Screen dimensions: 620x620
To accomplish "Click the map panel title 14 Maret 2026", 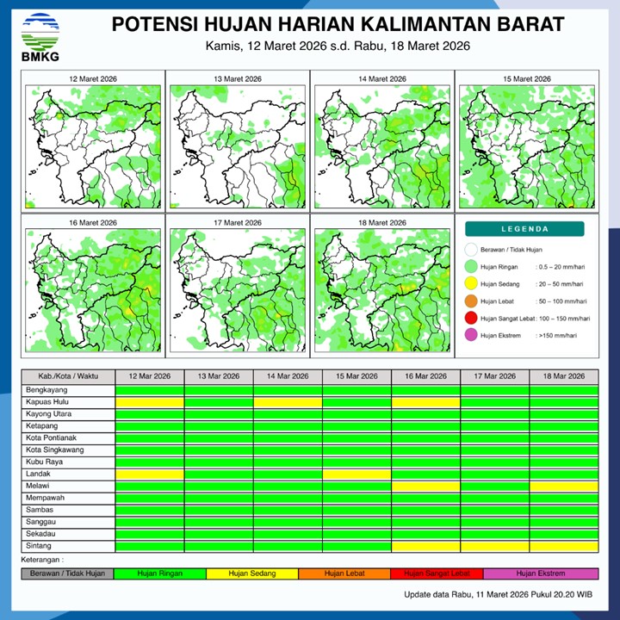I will [380, 79].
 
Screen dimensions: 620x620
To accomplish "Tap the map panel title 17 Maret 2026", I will [238, 223].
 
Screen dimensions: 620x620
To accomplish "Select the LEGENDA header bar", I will [524, 229].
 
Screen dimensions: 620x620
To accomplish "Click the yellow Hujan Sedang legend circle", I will [470, 284].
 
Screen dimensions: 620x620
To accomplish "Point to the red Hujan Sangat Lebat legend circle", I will [470, 319].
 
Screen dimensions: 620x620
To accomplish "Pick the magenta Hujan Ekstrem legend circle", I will [470, 336].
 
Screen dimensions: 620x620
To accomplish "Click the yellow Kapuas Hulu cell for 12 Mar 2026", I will [150, 402].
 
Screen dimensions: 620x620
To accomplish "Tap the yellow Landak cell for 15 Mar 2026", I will [356, 474].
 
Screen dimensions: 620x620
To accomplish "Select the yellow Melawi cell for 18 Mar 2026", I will [563, 486].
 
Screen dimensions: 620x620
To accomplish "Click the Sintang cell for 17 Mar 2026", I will [494, 546].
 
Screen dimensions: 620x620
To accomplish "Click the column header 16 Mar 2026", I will [425, 376].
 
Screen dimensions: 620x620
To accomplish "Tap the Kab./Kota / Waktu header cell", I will [68, 376].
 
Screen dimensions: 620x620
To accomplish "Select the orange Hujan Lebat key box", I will [344, 573].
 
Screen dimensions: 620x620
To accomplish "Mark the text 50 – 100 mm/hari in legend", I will [561, 301].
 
